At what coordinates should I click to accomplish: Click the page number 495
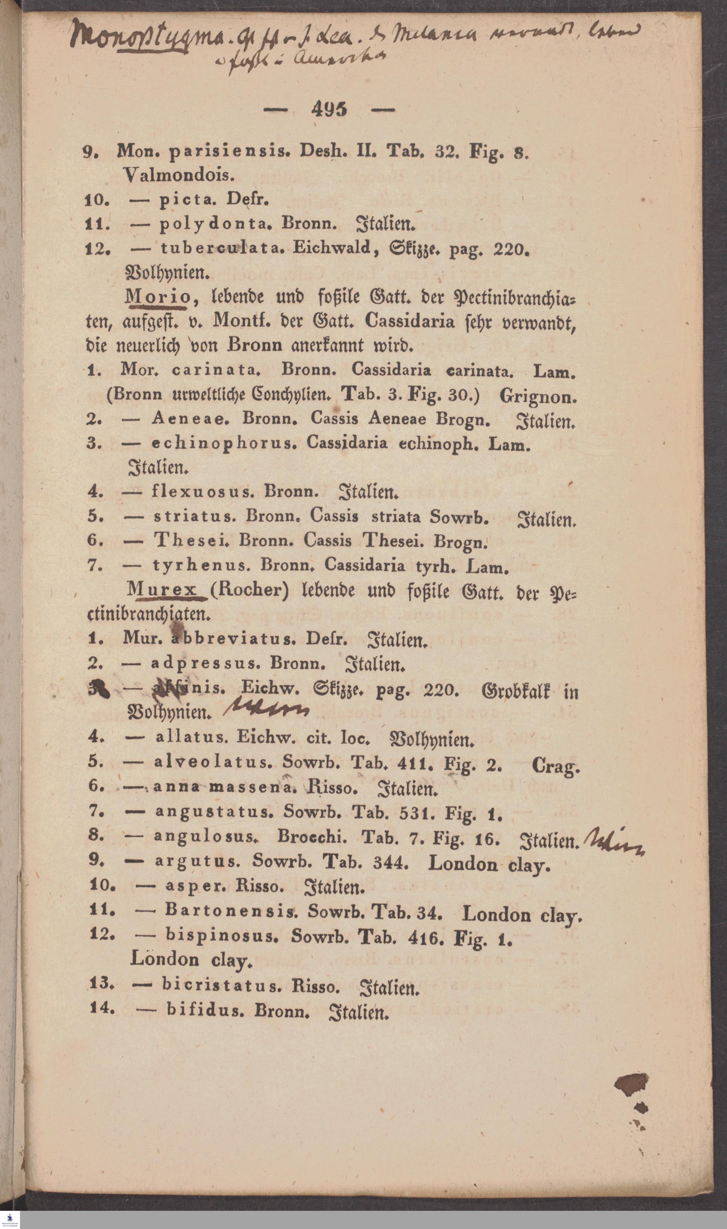click(329, 109)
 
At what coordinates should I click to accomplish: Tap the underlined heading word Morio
click(158, 297)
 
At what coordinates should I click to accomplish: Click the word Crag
click(555, 765)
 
